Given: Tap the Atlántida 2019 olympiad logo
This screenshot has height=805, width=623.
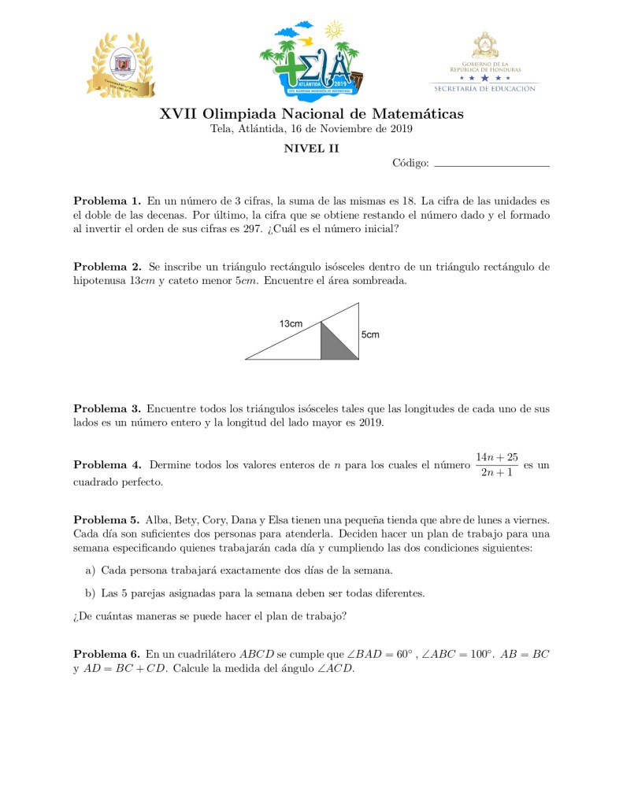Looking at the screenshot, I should pos(312,57).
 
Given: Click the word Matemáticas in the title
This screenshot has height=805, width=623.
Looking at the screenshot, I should pos(417,114).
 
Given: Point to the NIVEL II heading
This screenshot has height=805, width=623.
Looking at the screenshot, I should pos(311,148).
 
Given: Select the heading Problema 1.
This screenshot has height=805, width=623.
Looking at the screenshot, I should pos(106,201).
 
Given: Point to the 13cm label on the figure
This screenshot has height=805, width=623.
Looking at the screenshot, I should pos(291,323).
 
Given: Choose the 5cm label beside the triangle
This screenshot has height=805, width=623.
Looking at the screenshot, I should pos(370,334).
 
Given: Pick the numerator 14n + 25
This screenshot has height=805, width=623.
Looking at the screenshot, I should pos(496,457).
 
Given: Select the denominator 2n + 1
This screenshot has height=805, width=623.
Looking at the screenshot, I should pos(496,472).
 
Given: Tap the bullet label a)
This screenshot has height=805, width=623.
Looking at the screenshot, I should pos(90,570).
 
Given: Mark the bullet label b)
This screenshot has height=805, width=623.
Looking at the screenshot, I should pos(90,593).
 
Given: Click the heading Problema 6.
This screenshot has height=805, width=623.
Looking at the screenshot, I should pos(106,654).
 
